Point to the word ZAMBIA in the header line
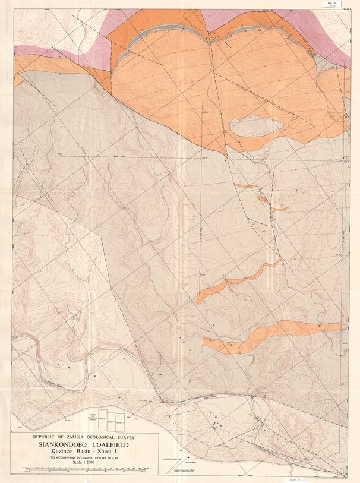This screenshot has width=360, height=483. [x=70, y=435]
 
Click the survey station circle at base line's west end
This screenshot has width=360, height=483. [x=60, y=156]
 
